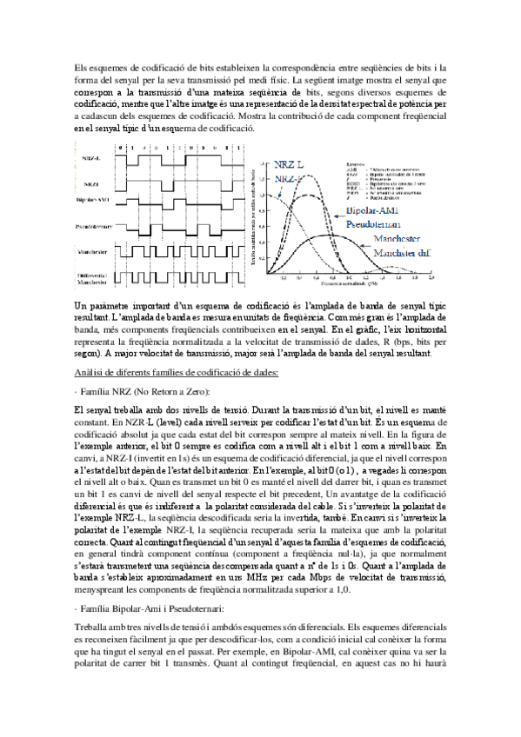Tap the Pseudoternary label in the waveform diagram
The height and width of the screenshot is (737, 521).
click(x=91, y=228)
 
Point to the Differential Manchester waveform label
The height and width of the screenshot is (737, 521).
click(x=91, y=278)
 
